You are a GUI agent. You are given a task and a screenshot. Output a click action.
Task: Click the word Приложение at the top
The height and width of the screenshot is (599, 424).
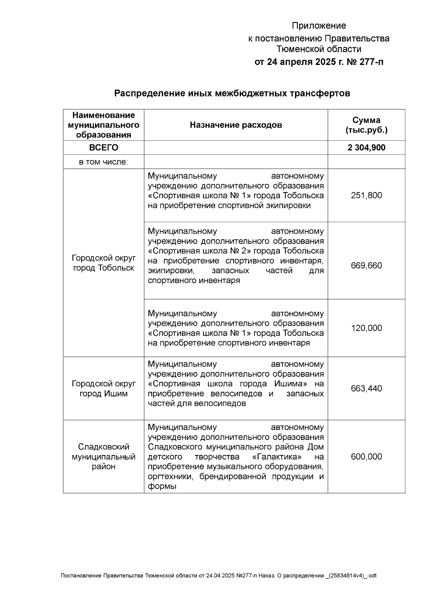pos(319,26)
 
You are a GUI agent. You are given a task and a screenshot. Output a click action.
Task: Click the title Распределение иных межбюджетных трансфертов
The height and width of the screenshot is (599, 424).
pos(232,94)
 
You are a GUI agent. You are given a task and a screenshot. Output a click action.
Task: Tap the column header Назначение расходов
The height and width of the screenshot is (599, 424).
pos(236,125)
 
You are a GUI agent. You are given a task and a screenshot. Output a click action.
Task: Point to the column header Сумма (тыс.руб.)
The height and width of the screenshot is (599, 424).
pos(366,125)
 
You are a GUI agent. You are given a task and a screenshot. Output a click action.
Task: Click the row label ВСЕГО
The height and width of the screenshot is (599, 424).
pos(104,148)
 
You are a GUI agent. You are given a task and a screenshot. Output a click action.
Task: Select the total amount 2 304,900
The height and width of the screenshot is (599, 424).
pos(366,148)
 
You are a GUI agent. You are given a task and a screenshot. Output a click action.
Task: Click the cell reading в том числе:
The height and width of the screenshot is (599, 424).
pos(104,162)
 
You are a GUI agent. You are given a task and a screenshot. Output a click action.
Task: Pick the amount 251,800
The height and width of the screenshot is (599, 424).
pos(366,195)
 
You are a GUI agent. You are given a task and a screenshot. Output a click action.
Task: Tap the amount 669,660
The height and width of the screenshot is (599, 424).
pos(366,265)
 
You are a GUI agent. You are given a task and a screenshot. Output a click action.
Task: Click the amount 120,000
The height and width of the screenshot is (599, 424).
pos(366,328)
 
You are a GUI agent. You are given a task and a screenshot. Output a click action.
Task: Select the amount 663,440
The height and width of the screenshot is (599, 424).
pos(366,388)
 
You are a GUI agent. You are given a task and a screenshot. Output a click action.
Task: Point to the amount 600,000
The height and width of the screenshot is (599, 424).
pos(366,456)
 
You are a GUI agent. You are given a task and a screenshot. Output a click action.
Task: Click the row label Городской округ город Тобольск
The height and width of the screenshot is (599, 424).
pos(104,263)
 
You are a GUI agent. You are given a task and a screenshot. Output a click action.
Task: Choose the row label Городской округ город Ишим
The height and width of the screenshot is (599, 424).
pos(104,388)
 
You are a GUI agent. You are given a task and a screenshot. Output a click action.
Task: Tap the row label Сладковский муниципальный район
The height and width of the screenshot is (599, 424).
pos(104,456)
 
